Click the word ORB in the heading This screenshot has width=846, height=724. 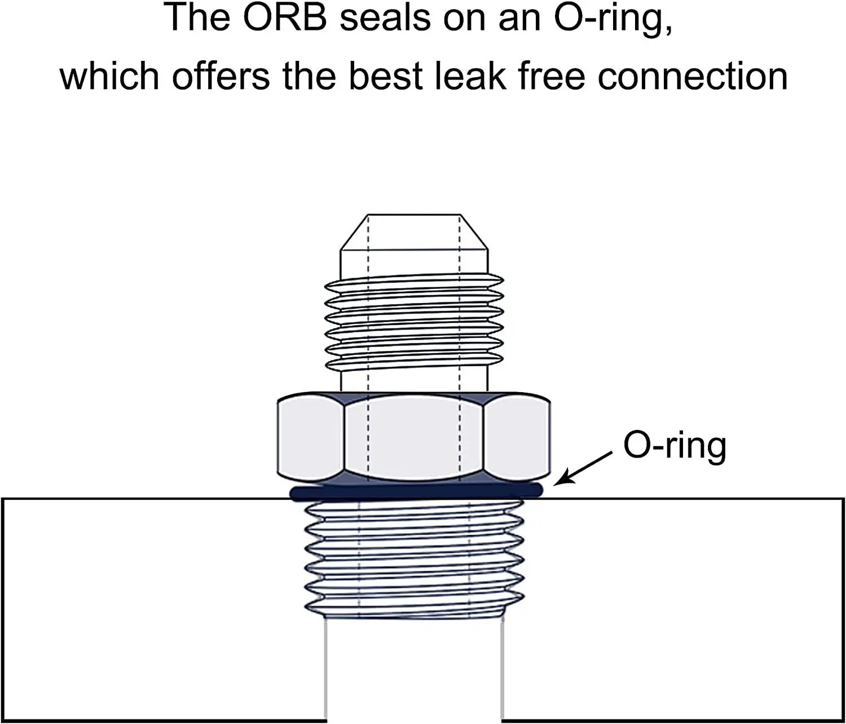coord(285,17)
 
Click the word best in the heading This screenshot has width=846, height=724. coord(386,76)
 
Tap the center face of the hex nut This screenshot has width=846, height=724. coord(415,437)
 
